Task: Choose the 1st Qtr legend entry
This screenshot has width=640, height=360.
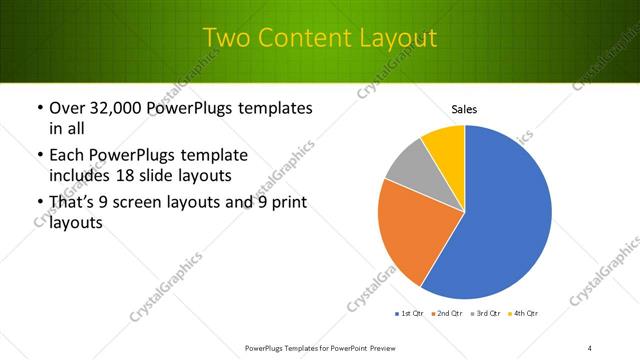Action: [408, 313]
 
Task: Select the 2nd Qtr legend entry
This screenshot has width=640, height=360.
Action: [447, 313]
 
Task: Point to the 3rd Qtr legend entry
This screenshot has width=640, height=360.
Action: [486, 313]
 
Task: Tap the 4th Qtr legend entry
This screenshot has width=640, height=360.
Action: [524, 313]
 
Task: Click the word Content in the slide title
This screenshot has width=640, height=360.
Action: [305, 38]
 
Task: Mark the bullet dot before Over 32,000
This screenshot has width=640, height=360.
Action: [39, 108]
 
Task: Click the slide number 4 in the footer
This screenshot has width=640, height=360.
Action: [590, 347]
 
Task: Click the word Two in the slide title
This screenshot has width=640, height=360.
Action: [225, 38]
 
